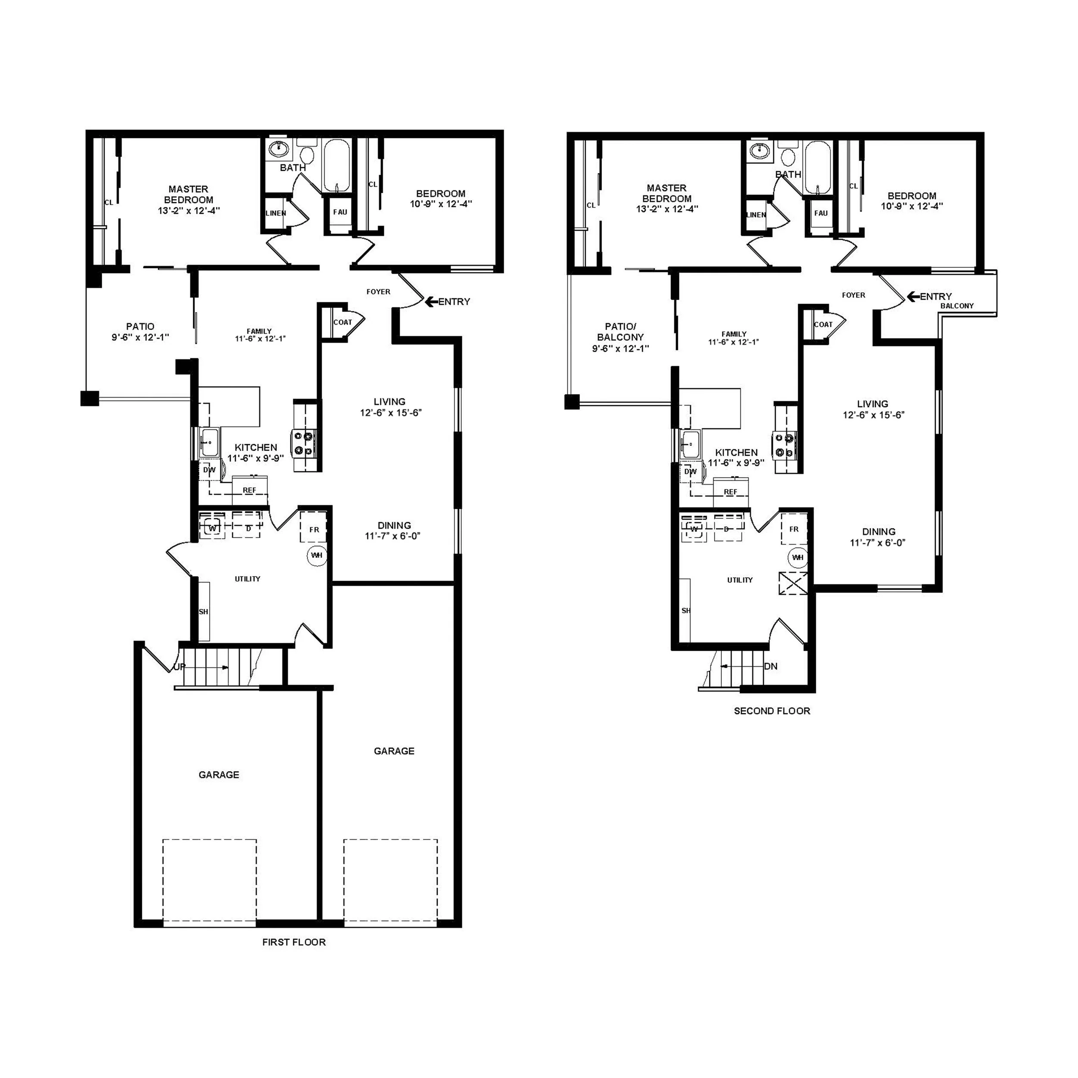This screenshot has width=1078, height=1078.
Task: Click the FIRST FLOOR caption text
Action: point(294,943)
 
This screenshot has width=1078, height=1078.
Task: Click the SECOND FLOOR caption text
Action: point(772,711)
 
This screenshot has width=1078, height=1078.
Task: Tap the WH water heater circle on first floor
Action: point(317,555)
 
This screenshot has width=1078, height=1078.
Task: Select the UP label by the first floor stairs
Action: point(179,667)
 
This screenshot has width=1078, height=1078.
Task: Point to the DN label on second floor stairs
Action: point(771,666)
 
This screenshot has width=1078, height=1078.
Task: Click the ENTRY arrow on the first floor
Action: point(431,302)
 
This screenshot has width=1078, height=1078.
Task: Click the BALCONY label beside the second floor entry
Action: point(957,306)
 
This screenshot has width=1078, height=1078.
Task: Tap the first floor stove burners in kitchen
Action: point(304,444)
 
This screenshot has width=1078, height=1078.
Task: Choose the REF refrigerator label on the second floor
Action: point(730,492)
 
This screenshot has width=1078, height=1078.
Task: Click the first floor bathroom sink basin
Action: point(279,149)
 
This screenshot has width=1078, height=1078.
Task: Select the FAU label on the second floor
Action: point(821,213)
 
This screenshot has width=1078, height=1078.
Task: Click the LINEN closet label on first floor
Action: point(276,213)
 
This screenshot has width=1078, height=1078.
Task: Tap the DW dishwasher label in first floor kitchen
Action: point(209,470)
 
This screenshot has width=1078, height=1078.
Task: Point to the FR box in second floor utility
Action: point(794,529)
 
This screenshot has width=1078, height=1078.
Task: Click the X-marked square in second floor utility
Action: point(793,584)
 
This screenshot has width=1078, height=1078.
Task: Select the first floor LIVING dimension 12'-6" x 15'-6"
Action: point(390,413)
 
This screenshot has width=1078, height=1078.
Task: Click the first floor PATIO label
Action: point(140,326)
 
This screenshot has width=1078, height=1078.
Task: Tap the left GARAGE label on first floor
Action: point(219,774)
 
